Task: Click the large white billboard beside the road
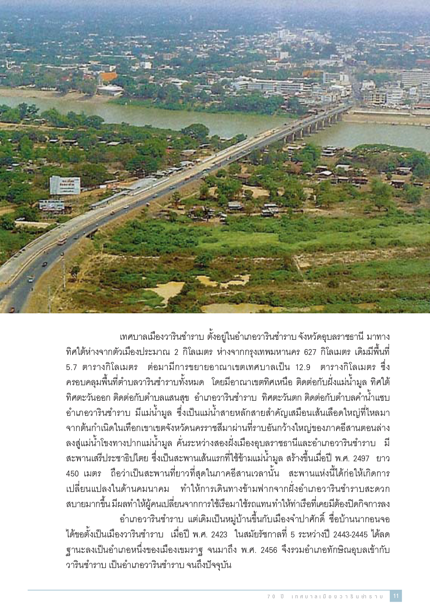tap(65, 185)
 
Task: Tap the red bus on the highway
tap(62, 241)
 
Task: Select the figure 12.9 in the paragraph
tap(303, 367)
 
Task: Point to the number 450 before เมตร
tap(72, 473)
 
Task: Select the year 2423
tap(219, 535)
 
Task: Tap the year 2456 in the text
tap(269, 550)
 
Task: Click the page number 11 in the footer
tap(396, 596)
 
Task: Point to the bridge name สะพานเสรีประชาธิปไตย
tap(107, 459)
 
